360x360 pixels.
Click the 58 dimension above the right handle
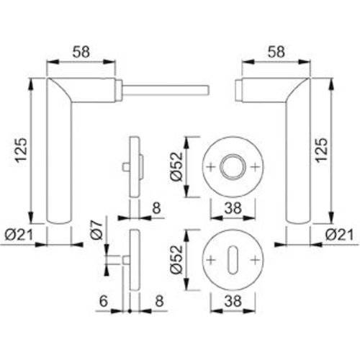275,51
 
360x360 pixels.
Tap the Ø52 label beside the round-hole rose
178,167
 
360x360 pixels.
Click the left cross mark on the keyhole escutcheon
211,258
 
